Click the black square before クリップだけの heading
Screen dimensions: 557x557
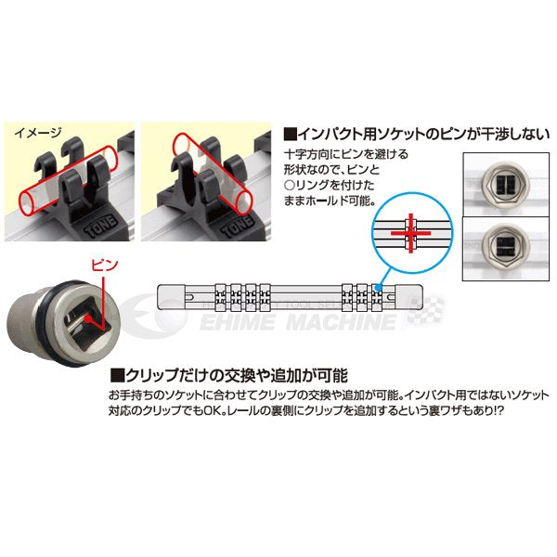coord(117,376)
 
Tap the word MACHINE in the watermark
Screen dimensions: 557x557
coord(329,322)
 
